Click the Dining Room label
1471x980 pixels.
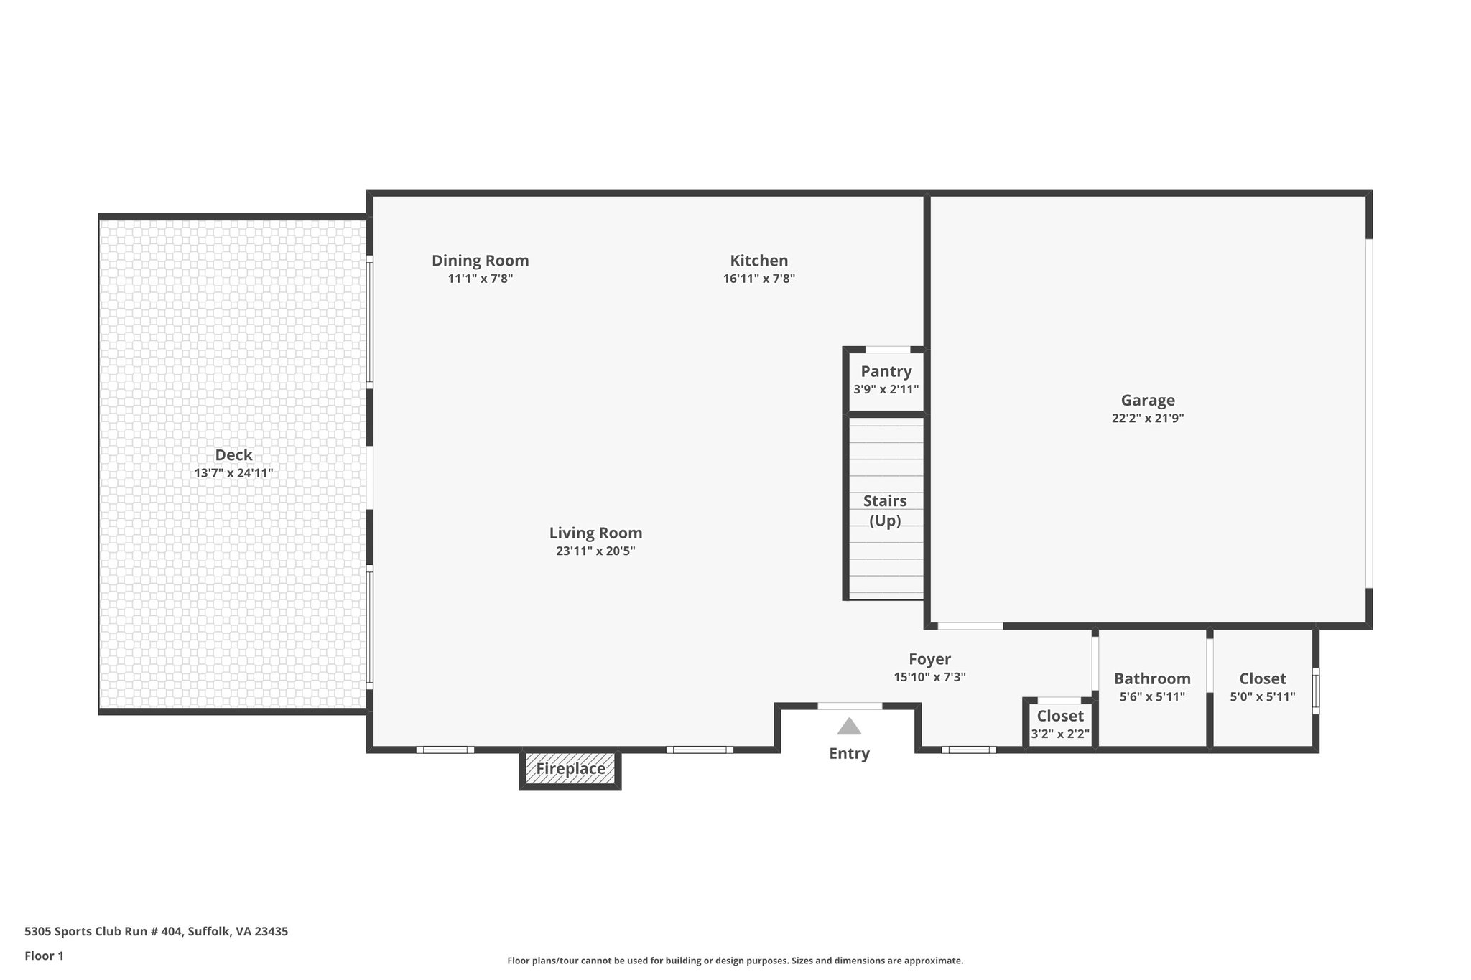click(480, 261)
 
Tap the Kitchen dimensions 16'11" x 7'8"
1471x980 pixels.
click(758, 279)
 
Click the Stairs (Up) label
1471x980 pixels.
click(885, 510)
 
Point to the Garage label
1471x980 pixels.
click(1148, 401)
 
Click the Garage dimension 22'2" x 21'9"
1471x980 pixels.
click(1148, 419)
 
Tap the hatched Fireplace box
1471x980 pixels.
click(570, 769)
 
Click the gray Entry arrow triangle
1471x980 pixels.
click(849, 727)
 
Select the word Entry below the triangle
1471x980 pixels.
click(849, 753)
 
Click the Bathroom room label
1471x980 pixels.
click(1152, 678)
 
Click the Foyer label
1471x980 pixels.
click(929, 659)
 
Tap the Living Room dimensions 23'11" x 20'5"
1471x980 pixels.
click(595, 551)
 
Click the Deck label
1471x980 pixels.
click(233, 455)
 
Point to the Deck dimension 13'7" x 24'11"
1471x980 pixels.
click(233, 473)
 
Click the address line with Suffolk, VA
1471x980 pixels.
click(156, 931)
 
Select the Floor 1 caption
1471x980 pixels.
click(44, 956)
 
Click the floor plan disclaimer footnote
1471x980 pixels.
click(735, 961)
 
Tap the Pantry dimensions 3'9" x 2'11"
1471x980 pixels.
click(886, 390)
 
